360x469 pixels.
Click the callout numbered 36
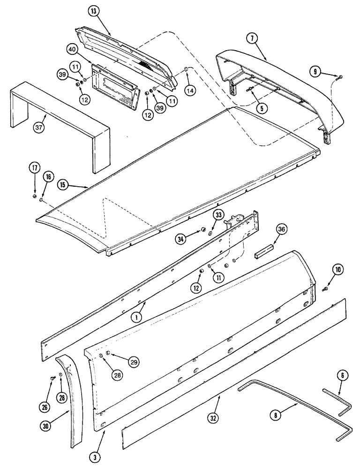pyautogui.click(x=281, y=229)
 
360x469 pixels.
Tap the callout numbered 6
pyautogui.click(x=342, y=375)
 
